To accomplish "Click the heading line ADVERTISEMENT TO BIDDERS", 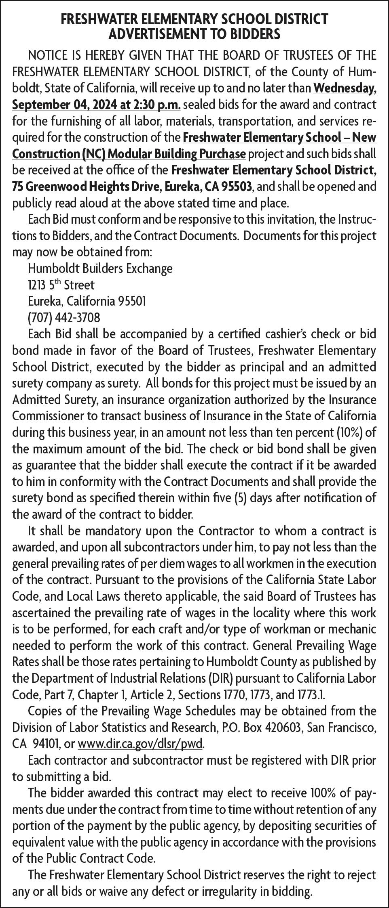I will tap(194, 35).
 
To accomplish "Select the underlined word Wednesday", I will tap(345, 88).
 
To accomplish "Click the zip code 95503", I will tap(239, 187).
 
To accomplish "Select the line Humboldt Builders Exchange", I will tap(100, 268).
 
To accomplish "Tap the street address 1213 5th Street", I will tap(61, 285).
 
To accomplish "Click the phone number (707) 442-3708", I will tap(64, 318).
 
